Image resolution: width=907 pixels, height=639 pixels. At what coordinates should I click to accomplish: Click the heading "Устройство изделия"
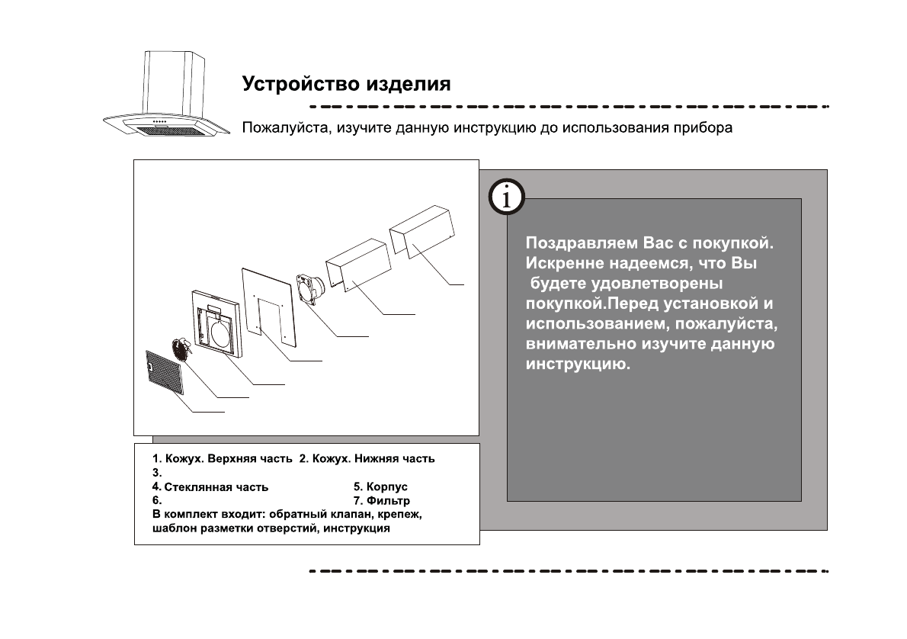[x=346, y=83]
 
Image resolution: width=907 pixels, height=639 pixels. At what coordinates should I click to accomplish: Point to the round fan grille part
[x=183, y=351]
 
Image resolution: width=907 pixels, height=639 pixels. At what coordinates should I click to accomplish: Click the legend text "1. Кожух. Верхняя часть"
[x=223, y=459]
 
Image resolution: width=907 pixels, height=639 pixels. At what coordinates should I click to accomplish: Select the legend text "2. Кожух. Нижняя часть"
[x=367, y=459]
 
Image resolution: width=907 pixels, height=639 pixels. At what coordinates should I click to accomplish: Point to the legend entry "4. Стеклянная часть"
[x=210, y=486]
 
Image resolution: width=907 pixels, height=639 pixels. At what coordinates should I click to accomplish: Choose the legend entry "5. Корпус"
[x=381, y=486]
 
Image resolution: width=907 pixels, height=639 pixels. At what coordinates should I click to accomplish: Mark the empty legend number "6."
[x=157, y=501]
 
